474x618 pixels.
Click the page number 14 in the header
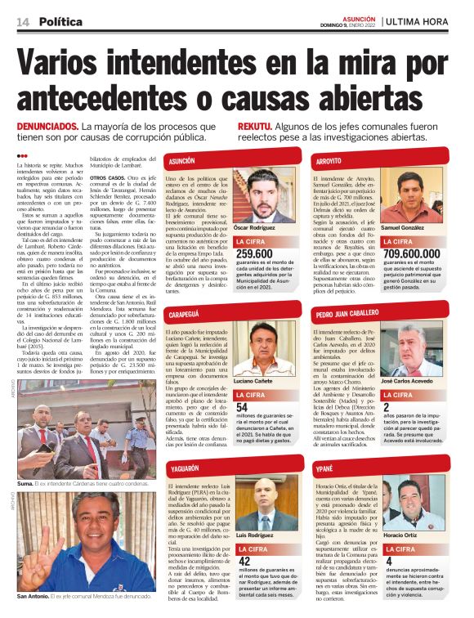click(21, 20)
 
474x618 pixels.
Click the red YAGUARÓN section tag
click(184, 471)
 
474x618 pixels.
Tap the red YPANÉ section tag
click(324, 471)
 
